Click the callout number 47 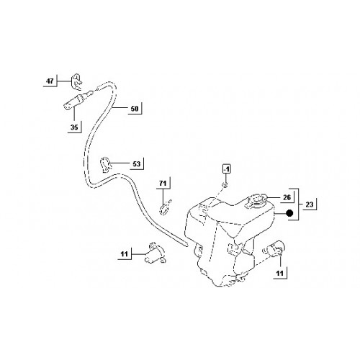pos(50,81)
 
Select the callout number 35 pos(74,127)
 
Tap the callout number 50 pos(135,109)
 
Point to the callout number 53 pos(137,164)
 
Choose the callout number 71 pos(163,184)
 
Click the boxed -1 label pos(226,169)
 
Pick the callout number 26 pos(287,197)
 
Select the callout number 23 pos(310,204)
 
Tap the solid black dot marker pos(290,213)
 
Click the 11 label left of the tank pos(125,254)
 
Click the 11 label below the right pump pos(280,273)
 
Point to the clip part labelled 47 pos(76,81)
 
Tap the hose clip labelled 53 pos(105,165)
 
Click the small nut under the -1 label pos(225,184)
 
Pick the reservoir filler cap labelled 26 pos(256,201)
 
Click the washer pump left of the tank pos(154,253)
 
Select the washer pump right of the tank pos(274,250)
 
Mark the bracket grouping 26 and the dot pos(298,204)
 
